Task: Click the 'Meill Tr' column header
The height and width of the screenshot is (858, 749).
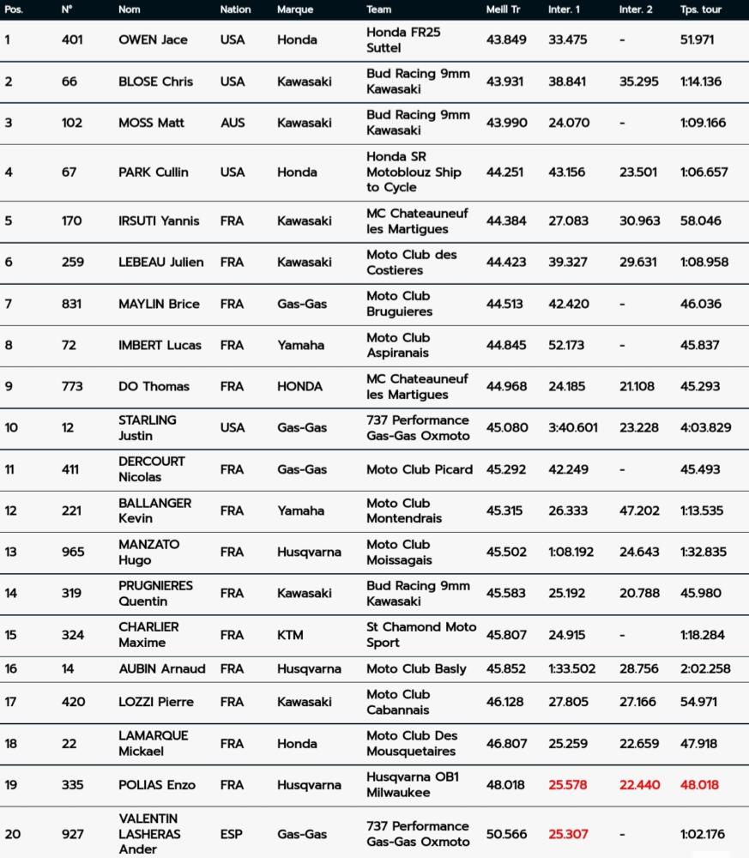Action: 503,9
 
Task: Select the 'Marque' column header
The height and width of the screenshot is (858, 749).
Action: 294,9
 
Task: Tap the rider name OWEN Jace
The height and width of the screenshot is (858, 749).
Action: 153,39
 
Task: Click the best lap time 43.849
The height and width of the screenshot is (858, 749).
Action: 505,39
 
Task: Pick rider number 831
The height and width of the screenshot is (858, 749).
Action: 72,304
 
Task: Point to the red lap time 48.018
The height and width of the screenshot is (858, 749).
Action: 699,784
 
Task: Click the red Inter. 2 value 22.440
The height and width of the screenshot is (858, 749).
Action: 639,784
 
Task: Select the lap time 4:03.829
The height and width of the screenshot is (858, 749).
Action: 705,427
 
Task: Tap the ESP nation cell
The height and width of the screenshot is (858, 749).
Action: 232,834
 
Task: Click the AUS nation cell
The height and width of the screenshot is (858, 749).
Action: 232,123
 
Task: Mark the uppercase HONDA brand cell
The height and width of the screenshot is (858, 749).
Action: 299,386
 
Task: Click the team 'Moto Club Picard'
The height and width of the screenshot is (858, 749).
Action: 419,469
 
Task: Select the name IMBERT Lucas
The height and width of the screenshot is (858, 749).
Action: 160,345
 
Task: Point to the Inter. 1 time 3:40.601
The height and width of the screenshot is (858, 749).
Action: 572,427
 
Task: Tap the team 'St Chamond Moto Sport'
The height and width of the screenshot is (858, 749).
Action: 420,635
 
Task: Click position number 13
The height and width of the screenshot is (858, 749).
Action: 10,552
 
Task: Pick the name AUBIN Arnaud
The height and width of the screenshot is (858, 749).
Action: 161,668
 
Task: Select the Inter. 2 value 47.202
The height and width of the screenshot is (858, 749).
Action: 639,511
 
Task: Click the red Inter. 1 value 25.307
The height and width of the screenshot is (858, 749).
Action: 568,834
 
